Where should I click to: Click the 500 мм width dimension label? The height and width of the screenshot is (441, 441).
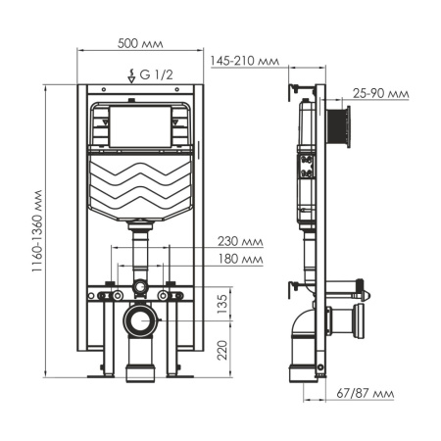[135, 44]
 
